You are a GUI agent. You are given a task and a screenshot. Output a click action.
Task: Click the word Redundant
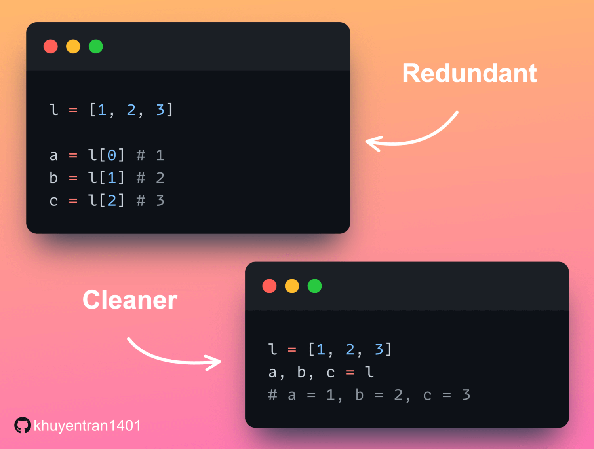click(469, 74)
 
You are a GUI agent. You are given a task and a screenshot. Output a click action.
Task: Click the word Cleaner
click(130, 300)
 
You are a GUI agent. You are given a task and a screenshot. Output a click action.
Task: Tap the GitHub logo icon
click(22, 425)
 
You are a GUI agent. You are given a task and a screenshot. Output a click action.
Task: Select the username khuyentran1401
click(87, 426)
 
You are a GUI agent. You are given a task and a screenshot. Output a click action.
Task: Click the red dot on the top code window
click(51, 46)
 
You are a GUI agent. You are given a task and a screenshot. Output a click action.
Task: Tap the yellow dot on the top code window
click(73, 46)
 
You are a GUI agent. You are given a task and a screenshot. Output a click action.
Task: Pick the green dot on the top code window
click(96, 46)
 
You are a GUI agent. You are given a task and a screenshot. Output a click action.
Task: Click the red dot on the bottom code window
click(269, 286)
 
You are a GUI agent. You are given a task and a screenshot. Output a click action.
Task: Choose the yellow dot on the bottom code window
click(292, 286)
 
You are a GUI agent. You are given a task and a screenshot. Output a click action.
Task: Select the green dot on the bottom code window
click(315, 286)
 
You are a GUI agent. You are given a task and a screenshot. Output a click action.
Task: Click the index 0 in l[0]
click(112, 155)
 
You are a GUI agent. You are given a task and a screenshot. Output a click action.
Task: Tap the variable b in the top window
click(54, 178)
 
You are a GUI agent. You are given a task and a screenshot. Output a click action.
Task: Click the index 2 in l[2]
click(112, 201)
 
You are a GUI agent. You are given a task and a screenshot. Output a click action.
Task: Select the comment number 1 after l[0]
click(160, 155)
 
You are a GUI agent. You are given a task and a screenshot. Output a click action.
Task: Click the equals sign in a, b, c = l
click(350, 373)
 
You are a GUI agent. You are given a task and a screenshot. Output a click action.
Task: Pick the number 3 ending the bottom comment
click(466, 395)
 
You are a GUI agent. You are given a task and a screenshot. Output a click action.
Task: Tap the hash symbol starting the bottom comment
click(272, 395)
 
